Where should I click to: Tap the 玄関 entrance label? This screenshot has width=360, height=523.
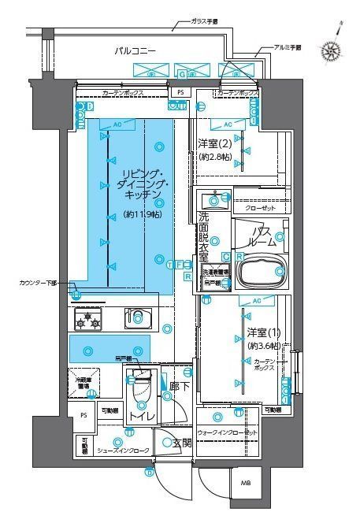pos(182,443)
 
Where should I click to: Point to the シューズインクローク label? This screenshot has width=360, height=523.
pos(122,452)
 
